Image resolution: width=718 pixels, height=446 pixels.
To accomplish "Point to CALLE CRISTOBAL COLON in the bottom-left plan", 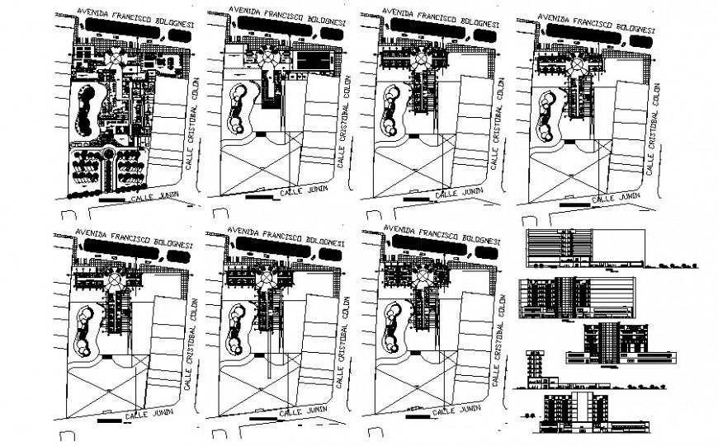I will point(190,340).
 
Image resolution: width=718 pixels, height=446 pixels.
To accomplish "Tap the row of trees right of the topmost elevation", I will point(678,265).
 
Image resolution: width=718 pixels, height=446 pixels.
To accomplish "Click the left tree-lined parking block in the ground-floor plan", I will point(85,171).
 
